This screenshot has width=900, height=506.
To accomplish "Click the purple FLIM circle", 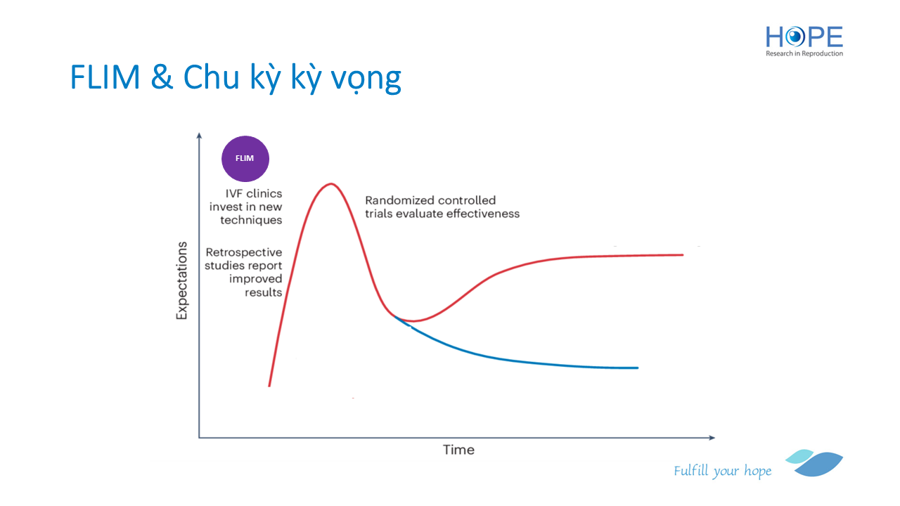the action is click(x=245, y=159).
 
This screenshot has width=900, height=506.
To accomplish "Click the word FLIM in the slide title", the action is click(x=105, y=77).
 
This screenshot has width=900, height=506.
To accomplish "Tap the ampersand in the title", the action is click(x=162, y=77).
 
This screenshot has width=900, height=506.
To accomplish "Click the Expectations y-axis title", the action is click(x=182, y=280).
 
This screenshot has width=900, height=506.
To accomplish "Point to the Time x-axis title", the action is click(x=458, y=450).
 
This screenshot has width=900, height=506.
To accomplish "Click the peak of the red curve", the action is click(x=330, y=184).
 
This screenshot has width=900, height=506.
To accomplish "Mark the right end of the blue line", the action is click(x=638, y=368).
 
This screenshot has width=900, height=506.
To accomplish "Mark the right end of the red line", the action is click(x=683, y=254).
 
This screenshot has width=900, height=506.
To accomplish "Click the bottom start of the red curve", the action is click(x=269, y=386).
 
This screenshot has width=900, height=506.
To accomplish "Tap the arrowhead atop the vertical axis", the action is click(x=199, y=136).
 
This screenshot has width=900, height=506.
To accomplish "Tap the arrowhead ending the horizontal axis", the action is click(x=712, y=437).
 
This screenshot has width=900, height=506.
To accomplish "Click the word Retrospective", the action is click(x=244, y=252).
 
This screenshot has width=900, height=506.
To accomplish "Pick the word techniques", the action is click(x=251, y=220).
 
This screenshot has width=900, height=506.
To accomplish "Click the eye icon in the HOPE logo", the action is click(x=795, y=37).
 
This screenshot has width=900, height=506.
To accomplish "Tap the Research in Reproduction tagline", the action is click(x=804, y=53).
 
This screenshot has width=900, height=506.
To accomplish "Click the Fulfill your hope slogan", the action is click(x=722, y=471).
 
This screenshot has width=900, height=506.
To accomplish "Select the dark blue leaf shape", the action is click(x=820, y=465).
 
